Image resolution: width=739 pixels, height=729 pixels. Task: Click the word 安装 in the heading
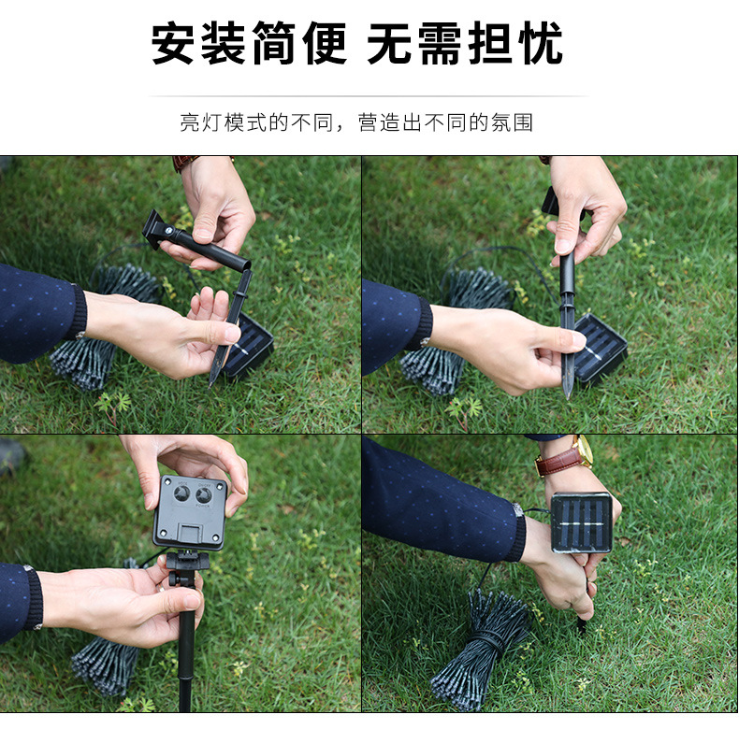pyautogui.click(x=199, y=44)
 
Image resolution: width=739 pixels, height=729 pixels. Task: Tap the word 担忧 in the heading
pyautogui.click(x=514, y=44)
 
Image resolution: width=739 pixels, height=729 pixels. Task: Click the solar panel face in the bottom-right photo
pyautogui.click(x=581, y=522)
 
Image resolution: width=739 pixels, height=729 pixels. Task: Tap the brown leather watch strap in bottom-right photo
pyautogui.click(x=558, y=460)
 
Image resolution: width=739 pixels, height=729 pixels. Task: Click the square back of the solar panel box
pyautogui.click(x=190, y=512)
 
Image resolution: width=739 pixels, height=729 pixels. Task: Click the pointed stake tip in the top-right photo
pyautogui.click(x=568, y=392)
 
